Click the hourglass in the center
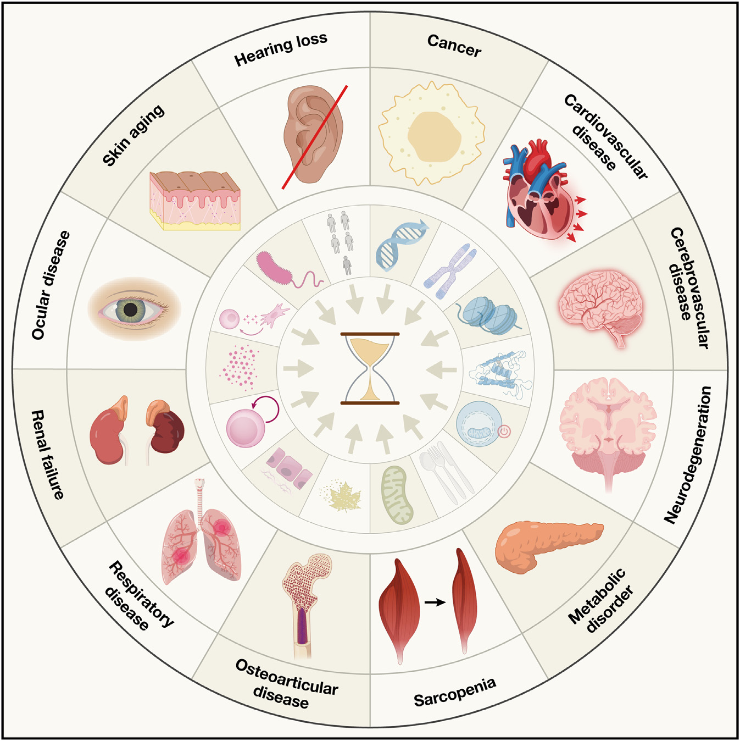tap(370, 368)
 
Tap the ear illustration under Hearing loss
tap(313, 134)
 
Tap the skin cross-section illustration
tap(195, 201)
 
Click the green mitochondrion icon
tap(397, 495)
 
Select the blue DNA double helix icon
tap(398, 245)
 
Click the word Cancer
tap(454, 46)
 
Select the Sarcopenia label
tap(455, 692)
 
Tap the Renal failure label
tap(48, 454)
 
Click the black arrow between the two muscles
tap(435, 602)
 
